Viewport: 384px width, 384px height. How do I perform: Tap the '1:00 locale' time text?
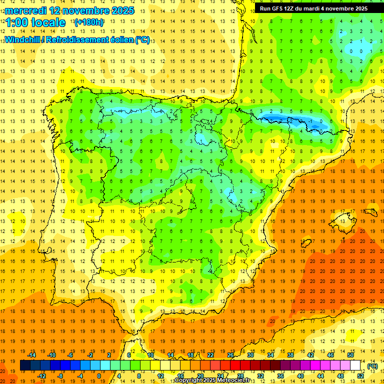[35, 22]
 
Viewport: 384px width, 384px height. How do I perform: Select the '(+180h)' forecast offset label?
[89, 22]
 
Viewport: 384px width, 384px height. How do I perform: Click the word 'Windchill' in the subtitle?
[23, 40]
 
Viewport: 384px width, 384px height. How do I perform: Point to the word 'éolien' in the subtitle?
[118, 40]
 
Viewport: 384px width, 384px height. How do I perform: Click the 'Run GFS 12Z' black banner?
[313, 8]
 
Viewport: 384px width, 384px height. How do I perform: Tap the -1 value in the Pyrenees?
[310, 121]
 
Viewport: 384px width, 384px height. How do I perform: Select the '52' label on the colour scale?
[360, 376]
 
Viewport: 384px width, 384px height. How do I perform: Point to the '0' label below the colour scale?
[99, 376]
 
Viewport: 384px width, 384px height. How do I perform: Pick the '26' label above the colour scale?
[230, 355]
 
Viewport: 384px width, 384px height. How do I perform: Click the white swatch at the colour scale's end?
[355, 365]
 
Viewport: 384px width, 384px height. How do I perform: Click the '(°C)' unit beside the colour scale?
[372, 366]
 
